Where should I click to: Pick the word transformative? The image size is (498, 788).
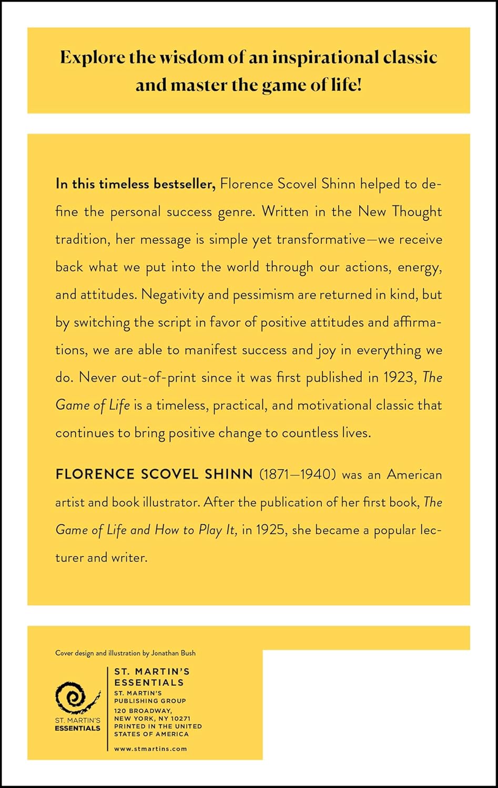tap(321, 240)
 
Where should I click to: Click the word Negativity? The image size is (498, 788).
tap(172, 295)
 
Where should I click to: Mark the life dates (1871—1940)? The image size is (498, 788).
tap(297, 474)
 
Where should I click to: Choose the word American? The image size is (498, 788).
tap(414, 474)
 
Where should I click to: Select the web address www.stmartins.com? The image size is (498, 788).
tap(150, 749)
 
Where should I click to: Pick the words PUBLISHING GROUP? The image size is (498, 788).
tap(150, 701)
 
